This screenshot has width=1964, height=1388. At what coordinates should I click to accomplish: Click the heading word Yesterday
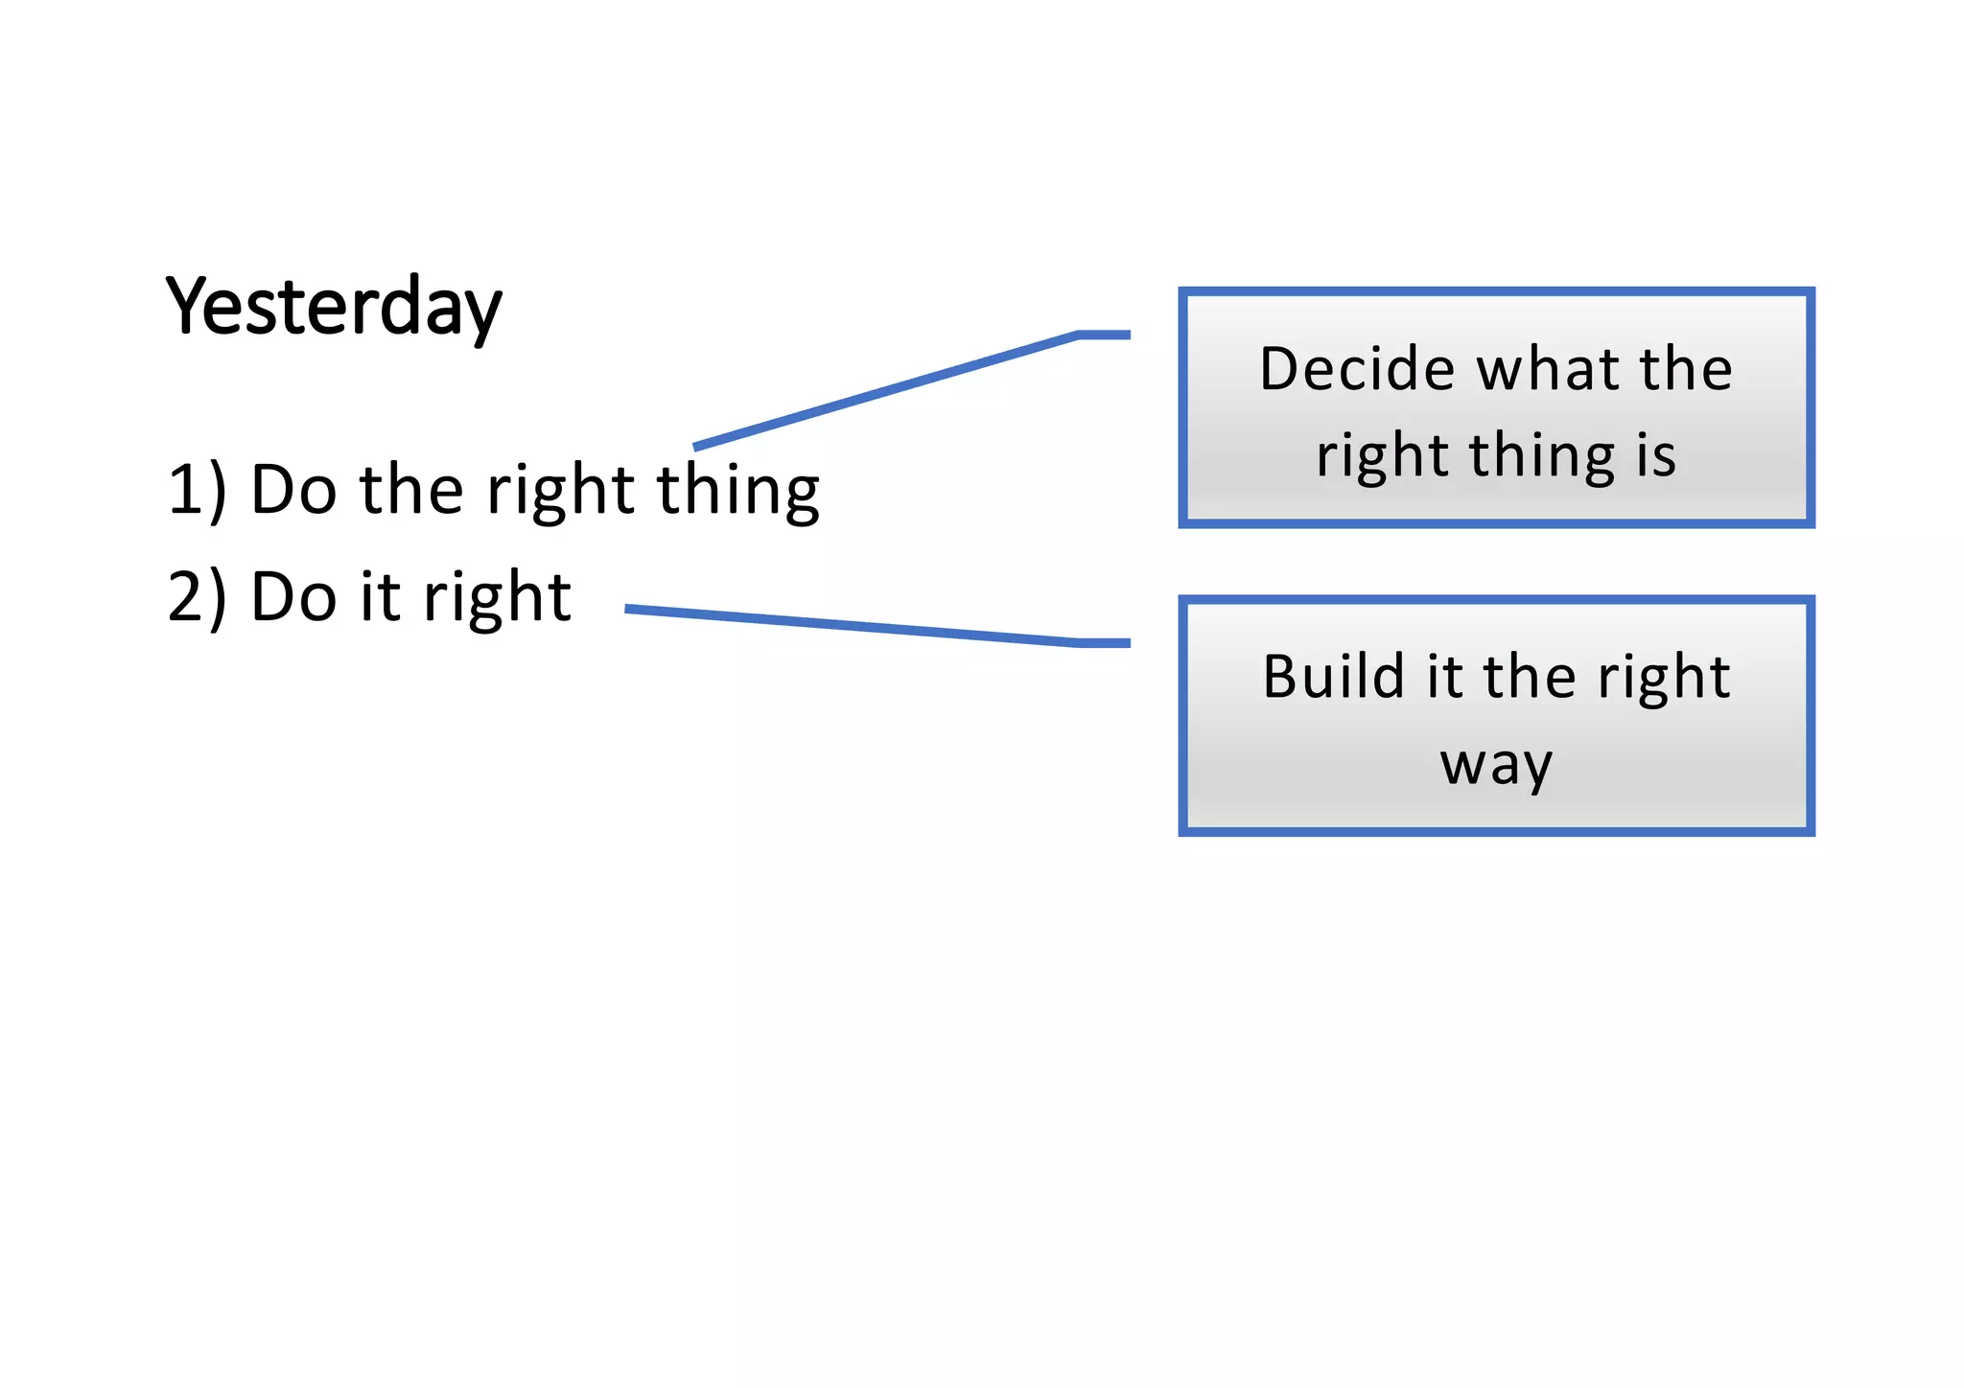[x=333, y=307]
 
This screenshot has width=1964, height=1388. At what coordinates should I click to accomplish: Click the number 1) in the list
[x=197, y=490]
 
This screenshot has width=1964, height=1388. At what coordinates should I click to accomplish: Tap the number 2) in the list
[x=197, y=597]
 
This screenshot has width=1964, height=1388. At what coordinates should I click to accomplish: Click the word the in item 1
[x=411, y=488]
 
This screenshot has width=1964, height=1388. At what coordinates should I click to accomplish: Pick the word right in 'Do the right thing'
[x=560, y=490]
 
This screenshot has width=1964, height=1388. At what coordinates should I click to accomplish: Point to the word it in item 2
[x=380, y=595]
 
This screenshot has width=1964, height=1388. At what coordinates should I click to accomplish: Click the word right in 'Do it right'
[x=497, y=597]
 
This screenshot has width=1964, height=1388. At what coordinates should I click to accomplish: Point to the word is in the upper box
[x=1656, y=455]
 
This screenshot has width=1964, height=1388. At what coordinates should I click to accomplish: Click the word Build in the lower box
[x=1334, y=677]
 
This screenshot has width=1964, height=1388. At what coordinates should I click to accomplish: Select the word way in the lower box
[x=1495, y=765]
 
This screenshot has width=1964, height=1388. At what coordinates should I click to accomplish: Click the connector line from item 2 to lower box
[x=853, y=625]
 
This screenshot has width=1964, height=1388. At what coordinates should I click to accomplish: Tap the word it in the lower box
[x=1444, y=677]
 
